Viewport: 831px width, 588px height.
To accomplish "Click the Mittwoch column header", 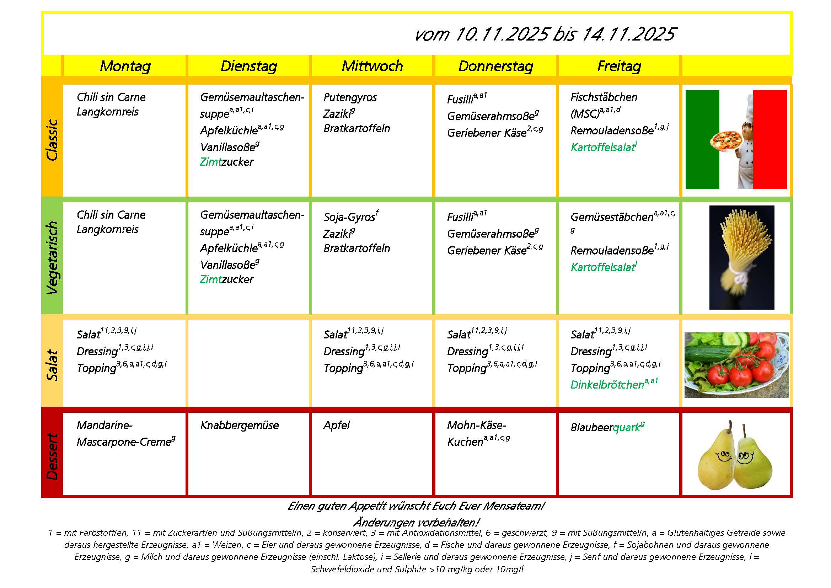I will (372, 66).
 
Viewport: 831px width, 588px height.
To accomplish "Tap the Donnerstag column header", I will (495, 66).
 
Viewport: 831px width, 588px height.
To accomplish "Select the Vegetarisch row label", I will (52, 257).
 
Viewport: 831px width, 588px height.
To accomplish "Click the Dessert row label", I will (52, 456).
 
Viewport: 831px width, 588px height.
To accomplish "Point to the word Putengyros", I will (350, 97).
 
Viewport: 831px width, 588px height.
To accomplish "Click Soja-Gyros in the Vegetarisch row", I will (349, 217).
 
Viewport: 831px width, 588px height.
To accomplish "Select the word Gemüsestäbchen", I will (612, 217).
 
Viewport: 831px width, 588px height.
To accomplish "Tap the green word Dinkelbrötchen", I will (607, 385).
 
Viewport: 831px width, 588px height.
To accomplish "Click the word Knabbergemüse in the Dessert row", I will (239, 425).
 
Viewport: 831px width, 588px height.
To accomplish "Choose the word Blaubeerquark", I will (606, 428).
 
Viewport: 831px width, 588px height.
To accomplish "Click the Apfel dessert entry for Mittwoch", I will (337, 425).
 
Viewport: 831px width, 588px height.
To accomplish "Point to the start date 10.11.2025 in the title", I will (502, 34).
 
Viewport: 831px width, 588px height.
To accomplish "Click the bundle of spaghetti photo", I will (741, 253).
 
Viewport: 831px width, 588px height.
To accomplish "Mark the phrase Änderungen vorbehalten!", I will (416, 523).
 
